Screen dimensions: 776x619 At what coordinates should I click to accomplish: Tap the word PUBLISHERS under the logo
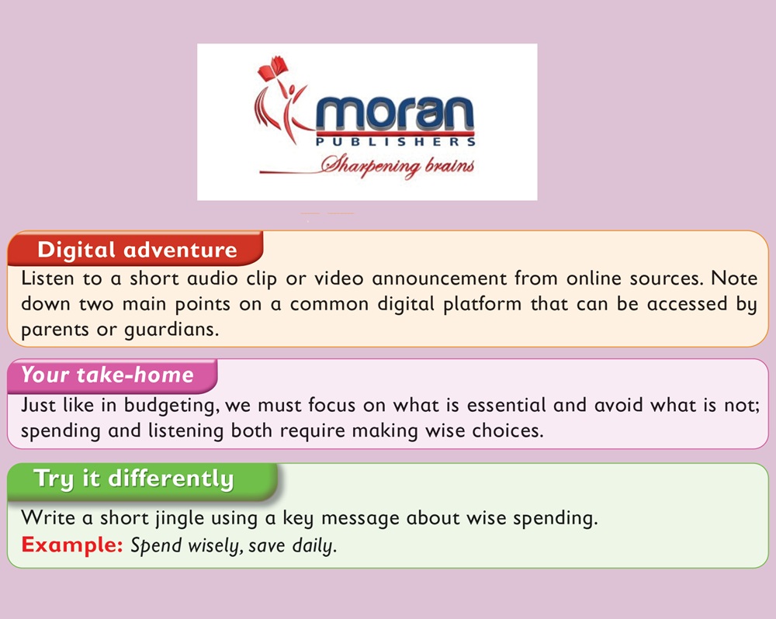pos(396,142)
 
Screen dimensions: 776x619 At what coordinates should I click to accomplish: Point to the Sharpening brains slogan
pos(397,165)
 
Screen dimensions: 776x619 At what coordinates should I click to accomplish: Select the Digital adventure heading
pos(137,249)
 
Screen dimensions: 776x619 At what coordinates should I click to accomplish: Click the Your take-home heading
pos(107,375)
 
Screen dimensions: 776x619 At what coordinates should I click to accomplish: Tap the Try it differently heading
pos(133,479)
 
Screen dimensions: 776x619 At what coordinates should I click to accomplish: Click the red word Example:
pos(71,545)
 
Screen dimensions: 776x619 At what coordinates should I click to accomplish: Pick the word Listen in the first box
pos(47,278)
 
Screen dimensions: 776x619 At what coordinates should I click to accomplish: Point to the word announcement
pos(439,278)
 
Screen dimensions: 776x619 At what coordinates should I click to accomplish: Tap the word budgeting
pos(170,406)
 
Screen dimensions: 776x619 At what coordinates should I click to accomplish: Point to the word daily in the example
pos(314,546)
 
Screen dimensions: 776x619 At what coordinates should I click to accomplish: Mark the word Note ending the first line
pos(734,278)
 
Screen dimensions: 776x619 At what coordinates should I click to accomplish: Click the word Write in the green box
pos(48,518)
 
